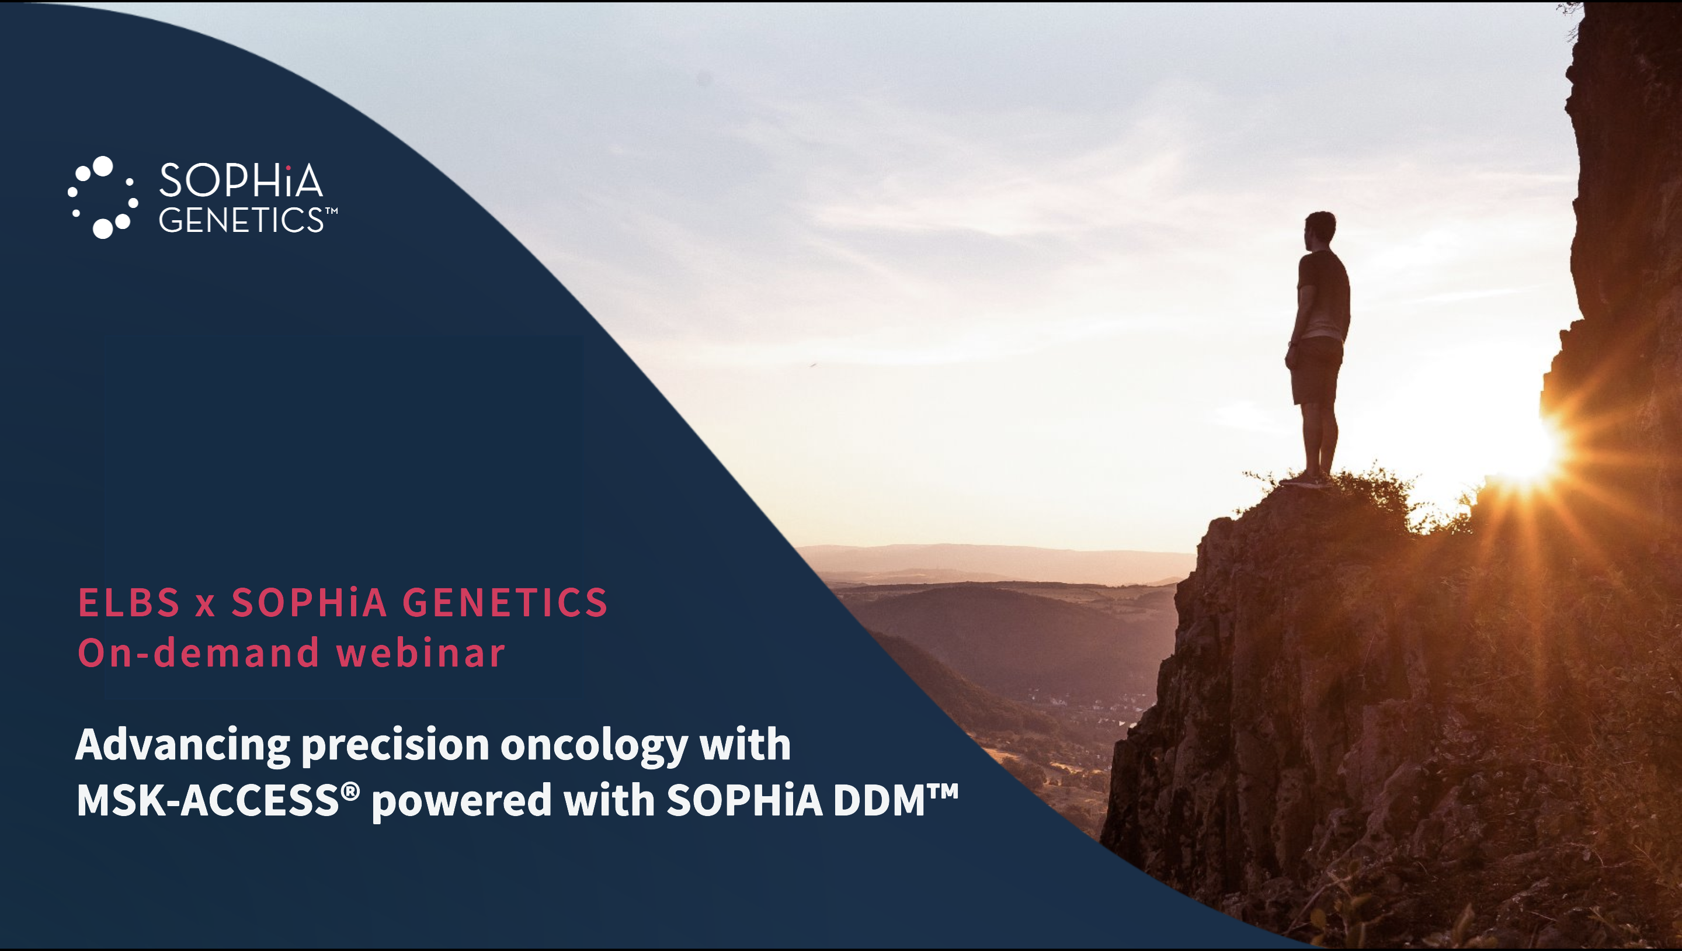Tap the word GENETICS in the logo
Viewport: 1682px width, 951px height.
click(241, 220)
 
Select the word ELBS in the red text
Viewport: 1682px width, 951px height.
click(128, 602)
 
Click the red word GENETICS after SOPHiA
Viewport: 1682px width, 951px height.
click(505, 602)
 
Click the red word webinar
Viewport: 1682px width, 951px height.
click(421, 652)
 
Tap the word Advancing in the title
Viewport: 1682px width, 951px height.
click(183, 746)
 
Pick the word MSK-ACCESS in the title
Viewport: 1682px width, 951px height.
click(208, 800)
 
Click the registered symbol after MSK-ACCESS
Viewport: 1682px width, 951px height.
click(350, 792)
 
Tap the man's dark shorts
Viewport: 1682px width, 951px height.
click(1316, 371)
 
